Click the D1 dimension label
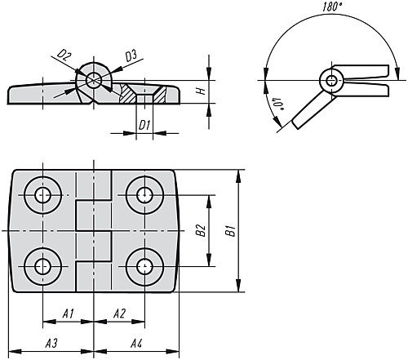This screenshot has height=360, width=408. tap(144, 126)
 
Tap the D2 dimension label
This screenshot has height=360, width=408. tap(64, 56)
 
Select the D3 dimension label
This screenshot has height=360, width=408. tap(131, 56)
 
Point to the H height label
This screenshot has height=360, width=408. tap(202, 91)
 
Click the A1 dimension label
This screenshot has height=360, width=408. tap(69, 313)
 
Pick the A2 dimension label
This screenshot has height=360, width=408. tap(119, 313)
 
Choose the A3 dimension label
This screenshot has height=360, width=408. tap(51, 344)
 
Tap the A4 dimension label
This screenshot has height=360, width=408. tap(136, 344)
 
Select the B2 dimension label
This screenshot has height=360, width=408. tap(201, 231)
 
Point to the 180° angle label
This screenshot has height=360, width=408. tap(332, 7)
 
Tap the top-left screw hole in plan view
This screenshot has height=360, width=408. tap(42, 195)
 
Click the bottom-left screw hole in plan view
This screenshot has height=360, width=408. tap(42, 266)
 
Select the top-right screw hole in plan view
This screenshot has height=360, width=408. tap(144, 195)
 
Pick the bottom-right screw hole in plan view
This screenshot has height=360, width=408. tap(144, 266)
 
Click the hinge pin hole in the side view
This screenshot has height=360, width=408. tap(94, 80)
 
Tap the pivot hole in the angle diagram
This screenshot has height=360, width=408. tap(331, 81)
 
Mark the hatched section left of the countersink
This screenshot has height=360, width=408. tap(127, 93)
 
